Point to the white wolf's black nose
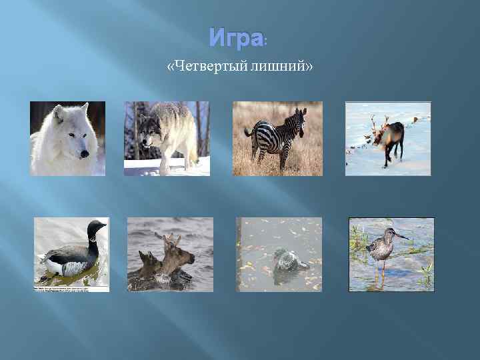(x=84, y=154)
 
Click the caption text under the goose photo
(x=71, y=289)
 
